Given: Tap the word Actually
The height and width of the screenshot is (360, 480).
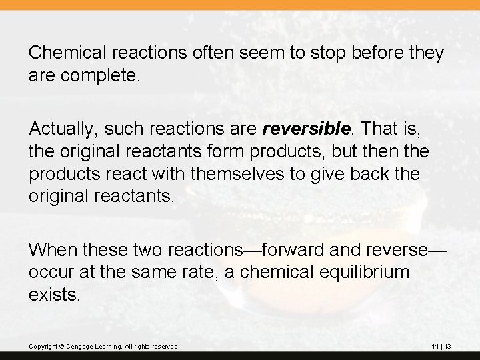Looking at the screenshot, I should coord(59,128).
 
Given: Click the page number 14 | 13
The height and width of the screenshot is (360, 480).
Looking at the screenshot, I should coord(441,347).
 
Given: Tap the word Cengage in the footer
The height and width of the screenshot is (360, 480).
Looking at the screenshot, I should coord(78,347).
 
